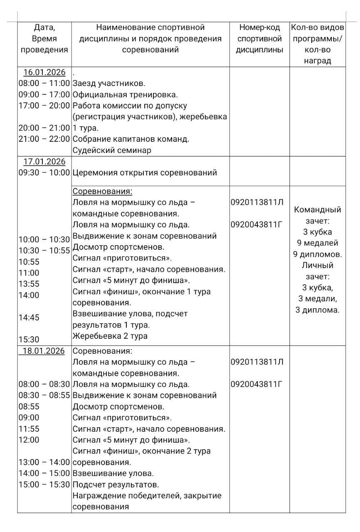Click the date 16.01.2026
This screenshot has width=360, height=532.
pos(44,72)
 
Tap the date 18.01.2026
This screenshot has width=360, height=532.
pos(43,351)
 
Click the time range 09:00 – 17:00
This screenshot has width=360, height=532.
pos(44,94)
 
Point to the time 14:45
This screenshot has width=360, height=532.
pos(29,317)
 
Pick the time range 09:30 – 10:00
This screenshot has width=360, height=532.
pos(44,172)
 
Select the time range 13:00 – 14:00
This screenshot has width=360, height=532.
pos(44,462)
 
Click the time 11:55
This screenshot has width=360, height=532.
pos(29,429)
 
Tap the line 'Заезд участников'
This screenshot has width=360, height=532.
pos(109,83)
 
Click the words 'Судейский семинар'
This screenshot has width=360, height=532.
pos(112,150)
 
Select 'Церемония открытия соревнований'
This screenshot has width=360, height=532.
pos(145,172)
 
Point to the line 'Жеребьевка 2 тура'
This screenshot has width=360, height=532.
pos(110,336)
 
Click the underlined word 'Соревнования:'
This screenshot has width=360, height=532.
pos(102,191)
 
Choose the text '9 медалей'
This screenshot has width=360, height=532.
pos(318,243)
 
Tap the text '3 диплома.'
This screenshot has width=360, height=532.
pos(318,310)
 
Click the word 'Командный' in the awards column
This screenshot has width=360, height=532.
pos(318,210)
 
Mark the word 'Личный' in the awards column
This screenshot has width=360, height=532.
pos(318,265)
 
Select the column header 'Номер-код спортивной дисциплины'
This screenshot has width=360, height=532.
pos(259,39)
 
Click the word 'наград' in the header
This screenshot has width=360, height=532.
pos(318,61)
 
